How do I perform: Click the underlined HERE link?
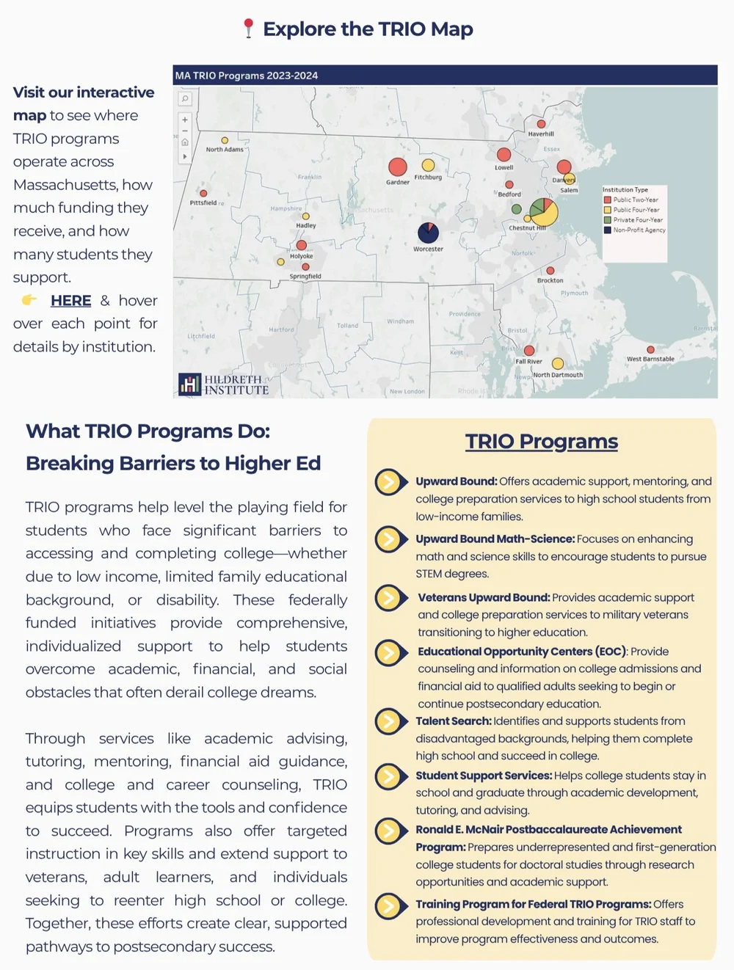(x=70, y=301)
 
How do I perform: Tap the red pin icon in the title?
(x=248, y=29)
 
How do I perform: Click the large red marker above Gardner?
(x=397, y=167)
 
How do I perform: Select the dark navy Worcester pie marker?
(x=428, y=233)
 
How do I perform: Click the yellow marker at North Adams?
(x=225, y=140)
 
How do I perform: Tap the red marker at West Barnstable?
(x=650, y=350)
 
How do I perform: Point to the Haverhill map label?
(x=541, y=134)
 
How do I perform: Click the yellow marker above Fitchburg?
(x=428, y=165)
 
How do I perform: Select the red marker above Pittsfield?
(x=203, y=194)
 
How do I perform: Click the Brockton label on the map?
(x=550, y=280)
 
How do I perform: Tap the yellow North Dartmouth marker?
(x=558, y=363)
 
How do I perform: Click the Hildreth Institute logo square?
(x=189, y=384)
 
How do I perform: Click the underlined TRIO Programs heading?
(x=542, y=442)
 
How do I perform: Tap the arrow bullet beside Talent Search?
(x=390, y=721)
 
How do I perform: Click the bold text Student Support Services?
(x=484, y=776)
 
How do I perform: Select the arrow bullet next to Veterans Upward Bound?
(x=390, y=597)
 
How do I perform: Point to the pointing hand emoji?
(x=29, y=299)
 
